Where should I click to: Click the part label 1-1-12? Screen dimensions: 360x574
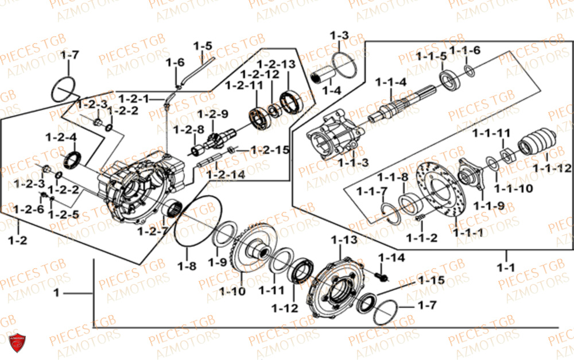[x=552, y=168]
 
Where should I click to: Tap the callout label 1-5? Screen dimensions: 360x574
[x=203, y=45]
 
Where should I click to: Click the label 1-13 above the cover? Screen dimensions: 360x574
[x=343, y=239]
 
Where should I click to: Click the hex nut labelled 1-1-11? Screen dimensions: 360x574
[x=507, y=154]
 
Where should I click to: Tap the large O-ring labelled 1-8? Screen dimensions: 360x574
[x=197, y=224]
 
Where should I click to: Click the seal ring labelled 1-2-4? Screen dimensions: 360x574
[x=74, y=159]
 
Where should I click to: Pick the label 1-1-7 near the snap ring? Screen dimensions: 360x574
[x=371, y=191]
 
